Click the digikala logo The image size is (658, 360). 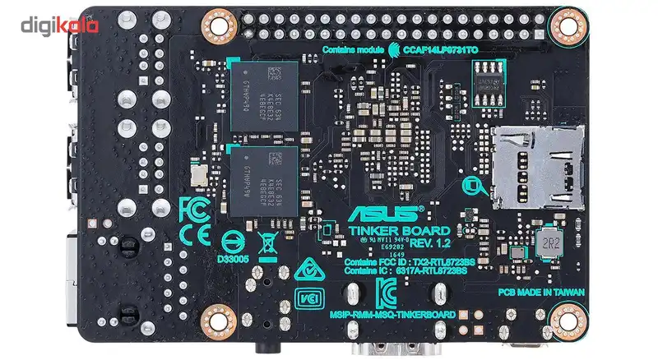[60, 24]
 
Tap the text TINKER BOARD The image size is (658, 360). [399, 231]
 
